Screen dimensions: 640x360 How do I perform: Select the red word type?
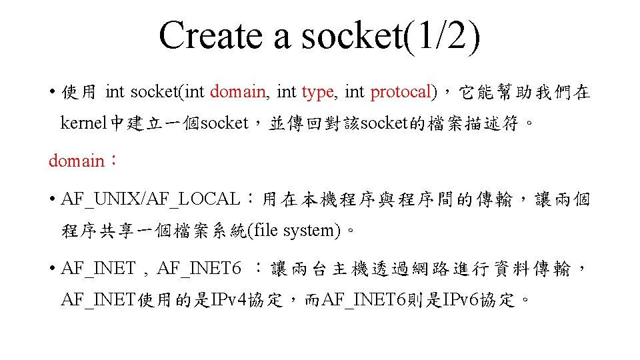pos(317,92)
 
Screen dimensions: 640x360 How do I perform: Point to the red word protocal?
pos(400,92)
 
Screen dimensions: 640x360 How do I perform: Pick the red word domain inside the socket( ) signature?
pos(238,92)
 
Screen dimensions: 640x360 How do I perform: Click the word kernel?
pos(83,123)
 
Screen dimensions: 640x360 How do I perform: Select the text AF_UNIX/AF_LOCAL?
pos(150,199)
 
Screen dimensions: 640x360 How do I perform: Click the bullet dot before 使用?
pos(51,92)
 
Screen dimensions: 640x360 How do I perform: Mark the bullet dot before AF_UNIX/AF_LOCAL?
pos(51,199)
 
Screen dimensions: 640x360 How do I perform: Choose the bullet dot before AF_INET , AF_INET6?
pos(51,269)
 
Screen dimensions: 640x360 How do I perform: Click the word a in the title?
pos(282,35)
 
